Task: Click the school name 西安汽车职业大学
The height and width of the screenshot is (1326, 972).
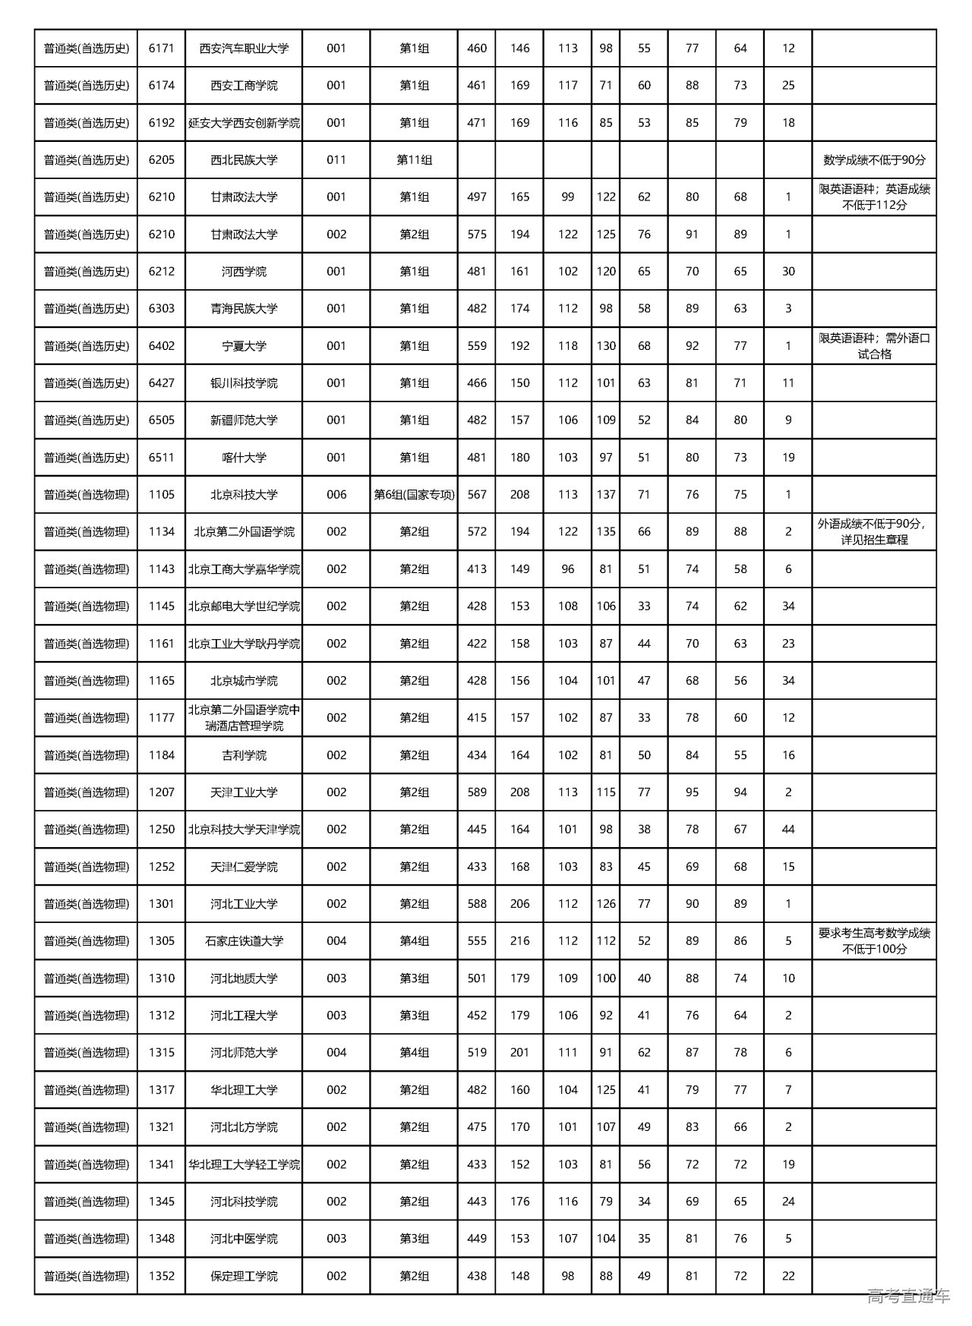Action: click(x=244, y=49)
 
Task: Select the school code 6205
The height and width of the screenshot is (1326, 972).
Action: click(x=162, y=160)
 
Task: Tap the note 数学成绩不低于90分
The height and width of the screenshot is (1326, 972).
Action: click(x=874, y=160)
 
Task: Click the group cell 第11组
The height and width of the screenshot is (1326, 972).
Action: click(x=414, y=160)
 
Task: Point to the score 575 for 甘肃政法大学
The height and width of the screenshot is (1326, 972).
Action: click(x=477, y=235)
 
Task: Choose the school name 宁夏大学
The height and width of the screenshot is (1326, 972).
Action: click(x=244, y=346)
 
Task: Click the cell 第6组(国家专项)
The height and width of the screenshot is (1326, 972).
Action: click(x=414, y=495)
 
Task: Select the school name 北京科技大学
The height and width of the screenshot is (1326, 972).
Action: click(x=244, y=495)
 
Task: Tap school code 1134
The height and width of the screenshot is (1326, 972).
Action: click(x=162, y=532)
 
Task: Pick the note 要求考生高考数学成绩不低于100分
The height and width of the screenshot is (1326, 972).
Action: click(x=874, y=941)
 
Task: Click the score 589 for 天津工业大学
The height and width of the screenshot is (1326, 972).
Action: click(x=477, y=792)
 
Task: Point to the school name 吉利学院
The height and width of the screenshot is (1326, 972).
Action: click(x=244, y=755)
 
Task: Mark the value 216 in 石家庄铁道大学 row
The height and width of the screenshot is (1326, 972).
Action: click(x=520, y=941)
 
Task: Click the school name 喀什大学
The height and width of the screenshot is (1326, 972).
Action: click(x=244, y=458)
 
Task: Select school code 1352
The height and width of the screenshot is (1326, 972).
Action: click(x=162, y=1276)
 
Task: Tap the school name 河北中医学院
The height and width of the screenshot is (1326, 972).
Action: click(x=244, y=1239)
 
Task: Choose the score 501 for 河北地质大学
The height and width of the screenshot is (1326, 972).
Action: click(x=477, y=978)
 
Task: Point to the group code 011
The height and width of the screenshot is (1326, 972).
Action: click(x=336, y=160)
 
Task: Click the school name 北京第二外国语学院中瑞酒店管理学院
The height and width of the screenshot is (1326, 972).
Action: click(x=244, y=718)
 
